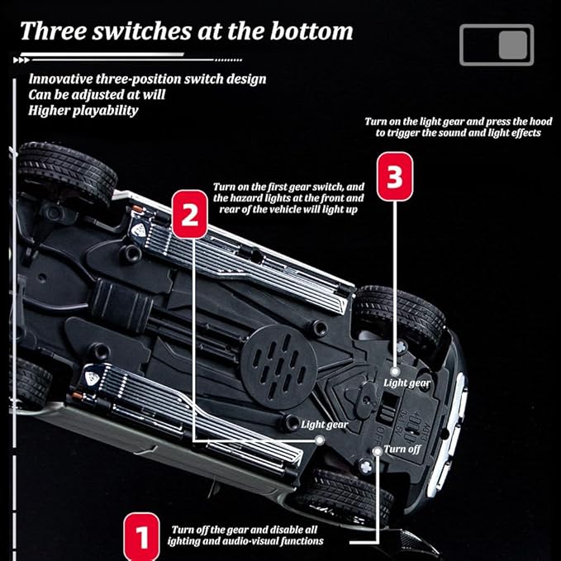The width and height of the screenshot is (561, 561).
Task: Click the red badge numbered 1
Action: pyautogui.click(x=141, y=536)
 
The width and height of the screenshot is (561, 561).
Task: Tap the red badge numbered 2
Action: pyautogui.click(x=190, y=214)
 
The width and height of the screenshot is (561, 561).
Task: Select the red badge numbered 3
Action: pyautogui.click(x=395, y=176)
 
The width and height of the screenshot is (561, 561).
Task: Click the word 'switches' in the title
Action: pyautogui.click(x=142, y=31)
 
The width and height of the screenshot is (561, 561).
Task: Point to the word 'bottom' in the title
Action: pyautogui.click(x=311, y=31)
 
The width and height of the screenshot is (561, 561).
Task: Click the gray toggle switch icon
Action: pyautogui.click(x=497, y=45)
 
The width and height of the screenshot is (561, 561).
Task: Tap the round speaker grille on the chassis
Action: pyautogui.click(x=278, y=367)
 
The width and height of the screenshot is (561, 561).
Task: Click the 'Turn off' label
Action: pyautogui.click(x=402, y=449)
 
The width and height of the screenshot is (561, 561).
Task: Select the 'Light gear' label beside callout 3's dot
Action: pyautogui.click(x=406, y=383)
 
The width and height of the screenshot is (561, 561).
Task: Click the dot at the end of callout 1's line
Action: pyautogui.click(x=377, y=451)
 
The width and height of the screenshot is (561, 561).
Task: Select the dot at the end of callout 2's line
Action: pyautogui.click(x=320, y=440)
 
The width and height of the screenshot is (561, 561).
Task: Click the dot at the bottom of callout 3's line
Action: pyautogui.click(x=395, y=371)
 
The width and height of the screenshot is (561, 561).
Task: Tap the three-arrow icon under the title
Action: pyautogui.click(x=21, y=60)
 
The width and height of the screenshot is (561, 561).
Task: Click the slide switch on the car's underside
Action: pyautogui.click(x=388, y=406)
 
